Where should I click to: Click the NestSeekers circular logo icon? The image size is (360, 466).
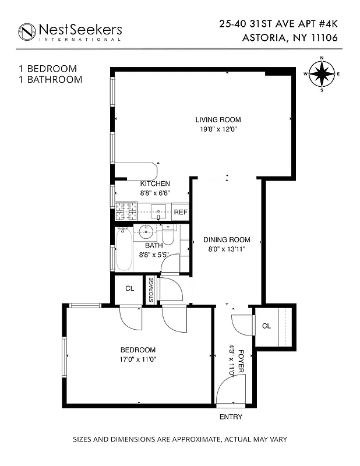click(x=26, y=31)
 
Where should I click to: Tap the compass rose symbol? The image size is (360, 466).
click(x=322, y=74)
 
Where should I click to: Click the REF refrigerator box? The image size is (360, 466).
click(x=181, y=212)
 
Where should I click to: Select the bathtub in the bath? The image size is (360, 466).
click(x=124, y=249)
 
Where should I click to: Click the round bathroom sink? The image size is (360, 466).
click(x=146, y=232)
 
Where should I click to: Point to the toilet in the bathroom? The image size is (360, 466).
click(x=168, y=235)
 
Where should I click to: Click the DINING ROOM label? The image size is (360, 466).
click(x=227, y=239)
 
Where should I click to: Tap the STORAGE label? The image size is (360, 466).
click(x=151, y=290)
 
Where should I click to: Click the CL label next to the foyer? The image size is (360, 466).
click(x=266, y=326)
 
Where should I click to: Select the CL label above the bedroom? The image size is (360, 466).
click(x=129, y=288)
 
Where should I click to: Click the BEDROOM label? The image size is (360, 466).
click(x=138, y=349)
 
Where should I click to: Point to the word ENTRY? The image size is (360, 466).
click(x=230, y=417)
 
